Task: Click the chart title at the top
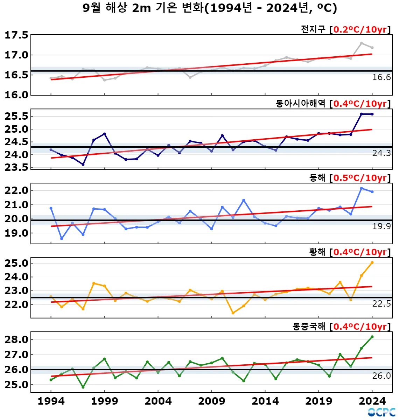point(210,8)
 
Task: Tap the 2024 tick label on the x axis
point(372,401)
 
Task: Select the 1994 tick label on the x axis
point(51,401)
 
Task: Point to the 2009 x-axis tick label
point(211,401)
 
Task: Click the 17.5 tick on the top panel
point(16,35)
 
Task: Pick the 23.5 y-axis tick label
point(16,167)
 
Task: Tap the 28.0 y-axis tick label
point(16,339)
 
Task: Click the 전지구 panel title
point(313,29)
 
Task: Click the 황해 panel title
point(317,252)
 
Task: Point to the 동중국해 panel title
point(309,327)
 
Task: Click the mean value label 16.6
point(381,77)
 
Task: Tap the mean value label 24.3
point(381,153)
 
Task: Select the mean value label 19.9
point(381,226)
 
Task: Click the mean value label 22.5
point(381,304)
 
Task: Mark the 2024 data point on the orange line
point(372,262)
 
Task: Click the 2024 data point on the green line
point(372,337)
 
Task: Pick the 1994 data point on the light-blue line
point(51,208)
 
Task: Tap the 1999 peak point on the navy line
point(104,134)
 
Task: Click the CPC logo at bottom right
point(381,412)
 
